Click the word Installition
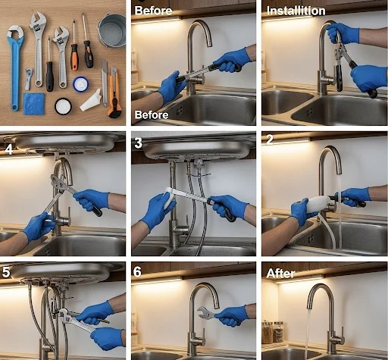(296, 11)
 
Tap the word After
(280, 274)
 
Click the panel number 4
(9, 149)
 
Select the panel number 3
(138, 143)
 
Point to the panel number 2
(270, 139)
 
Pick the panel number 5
(6, 272)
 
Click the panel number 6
(137, 272)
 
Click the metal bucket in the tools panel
(112, 30)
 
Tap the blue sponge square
(34, 104)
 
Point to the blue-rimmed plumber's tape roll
(80, 84)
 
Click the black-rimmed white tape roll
(63, 106)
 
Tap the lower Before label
(152, 115)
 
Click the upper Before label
(153, 11)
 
